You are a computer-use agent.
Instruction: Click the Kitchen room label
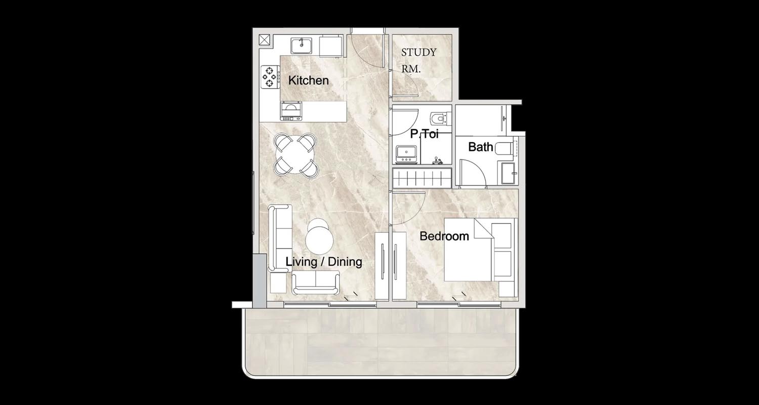click(308, 80)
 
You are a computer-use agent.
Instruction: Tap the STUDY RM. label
click(418, 61)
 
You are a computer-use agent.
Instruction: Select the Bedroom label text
click(444, 236)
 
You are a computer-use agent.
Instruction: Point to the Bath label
click(481, 147)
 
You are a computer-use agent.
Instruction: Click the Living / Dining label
click(324, 262)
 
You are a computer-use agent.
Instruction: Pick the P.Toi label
click(424, 134)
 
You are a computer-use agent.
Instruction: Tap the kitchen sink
click(301, 46)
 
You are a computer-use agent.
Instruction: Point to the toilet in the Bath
click(504, 148)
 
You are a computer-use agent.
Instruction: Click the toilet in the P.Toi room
click(439, 118)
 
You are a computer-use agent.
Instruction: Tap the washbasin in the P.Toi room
click(406, 154)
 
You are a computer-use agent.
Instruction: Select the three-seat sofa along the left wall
click(280, 238)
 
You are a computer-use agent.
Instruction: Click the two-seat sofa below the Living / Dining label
click(316, 283)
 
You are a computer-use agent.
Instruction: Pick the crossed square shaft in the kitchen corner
click(264, 40)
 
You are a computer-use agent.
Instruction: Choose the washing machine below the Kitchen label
click(291, 111)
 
